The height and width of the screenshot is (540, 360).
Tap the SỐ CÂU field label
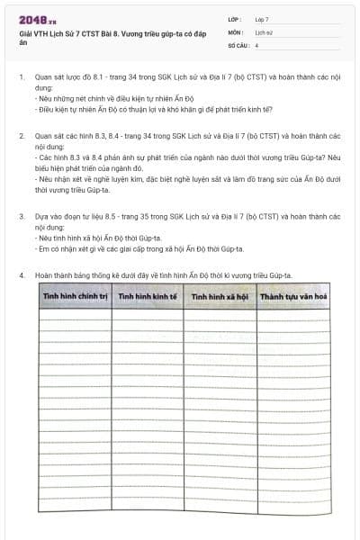237,44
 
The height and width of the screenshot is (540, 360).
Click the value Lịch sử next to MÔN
264,31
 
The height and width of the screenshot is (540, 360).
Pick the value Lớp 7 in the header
262,19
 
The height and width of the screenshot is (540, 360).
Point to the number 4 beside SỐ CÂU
256,44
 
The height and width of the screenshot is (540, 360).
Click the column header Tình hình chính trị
74,295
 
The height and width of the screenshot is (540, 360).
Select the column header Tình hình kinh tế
147,295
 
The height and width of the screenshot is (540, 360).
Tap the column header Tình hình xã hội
219,295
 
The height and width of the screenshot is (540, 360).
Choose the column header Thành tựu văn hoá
292,295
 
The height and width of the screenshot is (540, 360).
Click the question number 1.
21,78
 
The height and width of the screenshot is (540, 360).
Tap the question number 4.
21,274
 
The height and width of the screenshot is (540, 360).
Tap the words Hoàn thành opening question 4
53,274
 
